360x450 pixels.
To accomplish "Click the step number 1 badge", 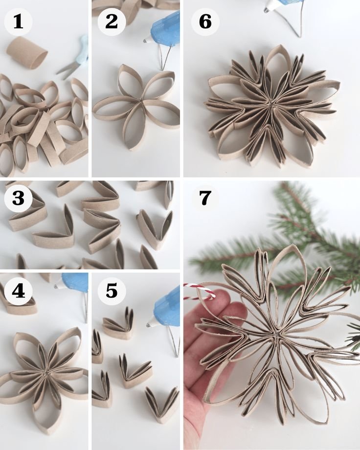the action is pos(19,22).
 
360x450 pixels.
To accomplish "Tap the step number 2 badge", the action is pos(112,22).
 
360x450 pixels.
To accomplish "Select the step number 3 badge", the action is pos(19,198).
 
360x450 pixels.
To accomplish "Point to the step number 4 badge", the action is pos(19,291).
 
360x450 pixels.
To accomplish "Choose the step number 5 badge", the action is pos(112,291).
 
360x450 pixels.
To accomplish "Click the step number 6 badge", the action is pos(205,22).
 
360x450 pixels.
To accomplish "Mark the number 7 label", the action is pos(205,198).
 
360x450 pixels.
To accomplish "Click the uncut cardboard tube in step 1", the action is pos(27,53).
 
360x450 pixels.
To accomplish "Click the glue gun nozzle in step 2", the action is pos(146,41).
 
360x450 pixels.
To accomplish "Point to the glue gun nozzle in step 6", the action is pos(267,10).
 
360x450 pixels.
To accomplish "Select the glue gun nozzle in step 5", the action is pos(149,325).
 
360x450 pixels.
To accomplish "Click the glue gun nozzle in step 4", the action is pos(57,286).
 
